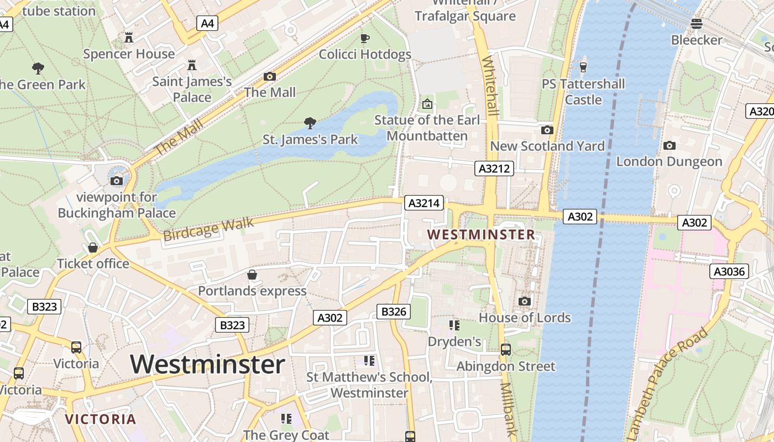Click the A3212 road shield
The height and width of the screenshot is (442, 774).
pos(494,169)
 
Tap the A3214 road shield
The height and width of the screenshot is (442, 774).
pos(424,203)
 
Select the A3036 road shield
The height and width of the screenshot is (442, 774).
pos(729,271)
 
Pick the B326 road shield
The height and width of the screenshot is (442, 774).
pos(394,312)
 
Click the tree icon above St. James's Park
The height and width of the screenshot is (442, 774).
pos(310,123)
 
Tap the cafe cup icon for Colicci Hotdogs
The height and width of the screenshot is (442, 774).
pos(364,38)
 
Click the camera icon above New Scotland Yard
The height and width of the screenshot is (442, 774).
pos(547,130)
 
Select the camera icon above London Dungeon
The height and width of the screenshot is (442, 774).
pos(669,145)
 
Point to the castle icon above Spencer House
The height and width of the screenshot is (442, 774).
pos(129,37)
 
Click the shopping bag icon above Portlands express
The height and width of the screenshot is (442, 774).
pos(252,275)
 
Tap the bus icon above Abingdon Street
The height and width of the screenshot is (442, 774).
pos(505,349)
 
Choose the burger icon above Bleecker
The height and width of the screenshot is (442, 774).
pos(696,24)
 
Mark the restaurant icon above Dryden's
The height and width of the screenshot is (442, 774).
pos(454,325)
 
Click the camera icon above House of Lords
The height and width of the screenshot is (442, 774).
pos(524,301)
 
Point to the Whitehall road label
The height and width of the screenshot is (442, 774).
pos(490,86)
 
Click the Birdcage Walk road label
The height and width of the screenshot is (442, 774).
pos(208,229)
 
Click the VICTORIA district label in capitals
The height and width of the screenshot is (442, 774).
pos(101,419)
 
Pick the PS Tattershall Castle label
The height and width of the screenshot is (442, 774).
pos(583,92)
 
